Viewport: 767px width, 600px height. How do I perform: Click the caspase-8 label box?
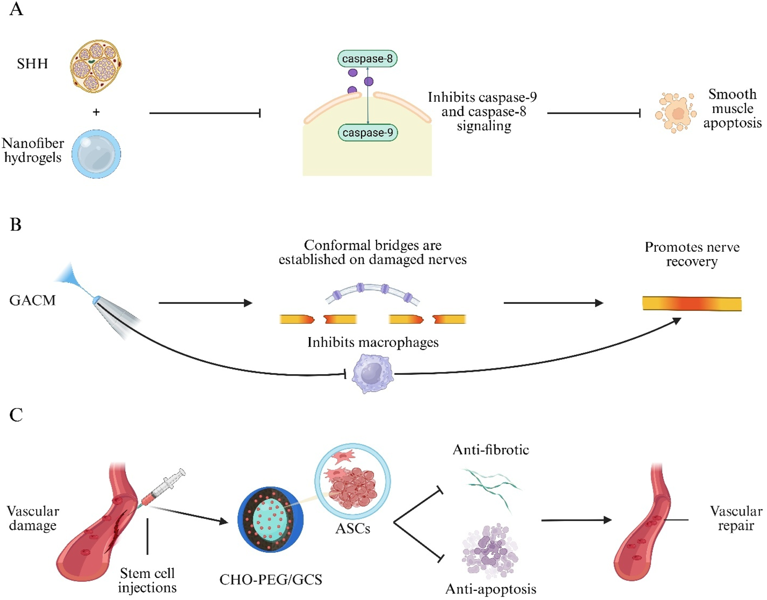coord(367,58)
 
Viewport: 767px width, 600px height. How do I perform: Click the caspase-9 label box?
coord(367,133)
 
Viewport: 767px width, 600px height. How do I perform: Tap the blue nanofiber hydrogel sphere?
coord(96,154)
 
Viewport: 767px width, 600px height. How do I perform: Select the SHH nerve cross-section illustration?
coord(96,66)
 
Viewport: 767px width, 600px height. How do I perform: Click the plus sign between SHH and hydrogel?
coord(96,112)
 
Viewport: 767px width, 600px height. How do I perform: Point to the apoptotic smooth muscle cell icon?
coord(675,113)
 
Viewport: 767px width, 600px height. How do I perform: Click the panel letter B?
coord(16,224)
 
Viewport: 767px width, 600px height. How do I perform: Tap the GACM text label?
coord(32,300)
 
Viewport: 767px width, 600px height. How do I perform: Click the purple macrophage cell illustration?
coord(372,373)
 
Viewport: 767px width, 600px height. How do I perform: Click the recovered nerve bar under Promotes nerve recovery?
coord(691,303)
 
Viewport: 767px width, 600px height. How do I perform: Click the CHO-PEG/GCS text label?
coord(271,579)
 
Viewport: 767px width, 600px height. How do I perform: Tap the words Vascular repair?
coord(735,518)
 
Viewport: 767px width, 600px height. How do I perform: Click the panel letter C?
coord(16,415)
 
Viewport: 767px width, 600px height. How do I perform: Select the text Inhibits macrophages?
coord(373,342)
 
